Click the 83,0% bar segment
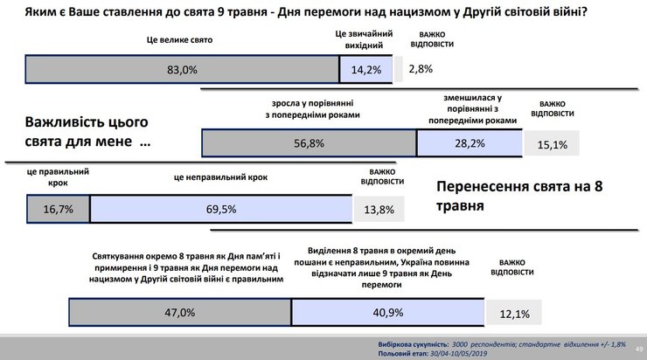point(182,70)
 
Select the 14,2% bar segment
point(366,70)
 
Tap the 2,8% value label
point(421,68)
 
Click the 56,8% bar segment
point(307,143)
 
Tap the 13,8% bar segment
point(383,210)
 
